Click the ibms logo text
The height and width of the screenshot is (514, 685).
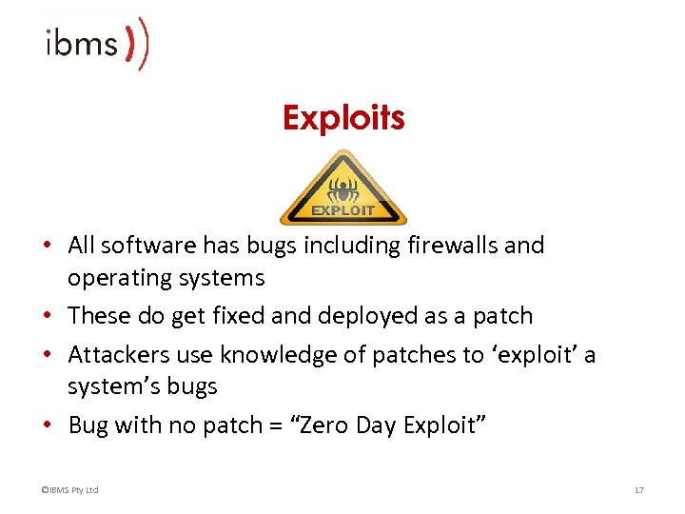click(82, 44)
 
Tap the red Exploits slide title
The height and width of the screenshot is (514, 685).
click(342, 118)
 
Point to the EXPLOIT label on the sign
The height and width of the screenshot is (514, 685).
click(342, 209)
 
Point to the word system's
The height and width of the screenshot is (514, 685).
click(106, 386)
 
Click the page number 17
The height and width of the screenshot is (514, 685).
click(639, 490)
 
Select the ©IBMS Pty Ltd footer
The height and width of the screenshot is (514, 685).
click(69, 490)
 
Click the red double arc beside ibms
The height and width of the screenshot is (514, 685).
click(138, 43)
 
